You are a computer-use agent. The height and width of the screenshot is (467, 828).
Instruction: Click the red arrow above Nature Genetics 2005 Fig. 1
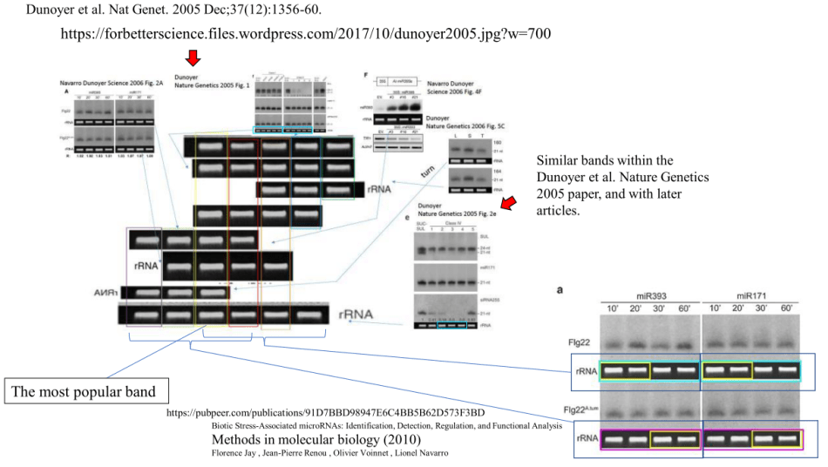pos(193,58)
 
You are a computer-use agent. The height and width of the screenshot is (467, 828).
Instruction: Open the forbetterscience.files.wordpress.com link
pos(305,34)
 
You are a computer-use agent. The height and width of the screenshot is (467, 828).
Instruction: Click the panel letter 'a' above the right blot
pos(561,288)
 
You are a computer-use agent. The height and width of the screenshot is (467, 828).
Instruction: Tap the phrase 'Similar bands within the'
pos(605,161)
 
